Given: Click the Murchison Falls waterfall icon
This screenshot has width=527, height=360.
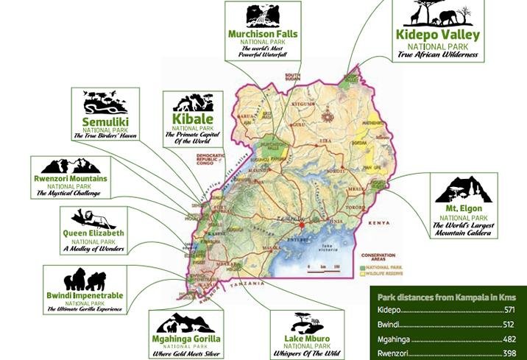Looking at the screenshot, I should click(263, 15).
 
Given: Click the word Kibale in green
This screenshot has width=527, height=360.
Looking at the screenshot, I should click(193, 119).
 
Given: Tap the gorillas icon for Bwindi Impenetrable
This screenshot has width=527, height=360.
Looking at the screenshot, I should click(85, 280).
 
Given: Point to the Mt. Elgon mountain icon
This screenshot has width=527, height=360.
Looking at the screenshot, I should click(463, 190).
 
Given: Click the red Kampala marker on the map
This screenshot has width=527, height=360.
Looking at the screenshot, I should click(300, 221).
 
